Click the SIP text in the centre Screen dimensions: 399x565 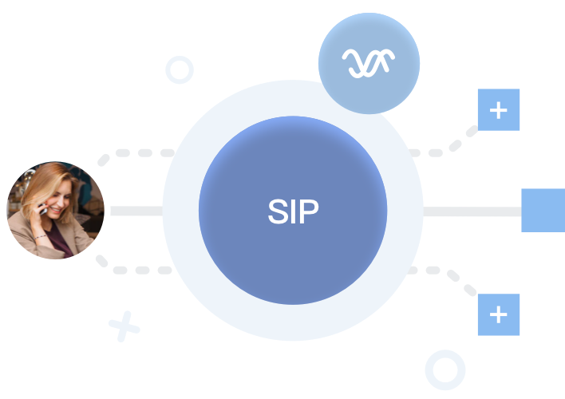(x=293, y=211)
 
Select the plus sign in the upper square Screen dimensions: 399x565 (x=499, y=110)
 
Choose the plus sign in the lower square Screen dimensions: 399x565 (x=499, y=314)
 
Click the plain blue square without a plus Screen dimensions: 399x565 (x=543, y=211)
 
